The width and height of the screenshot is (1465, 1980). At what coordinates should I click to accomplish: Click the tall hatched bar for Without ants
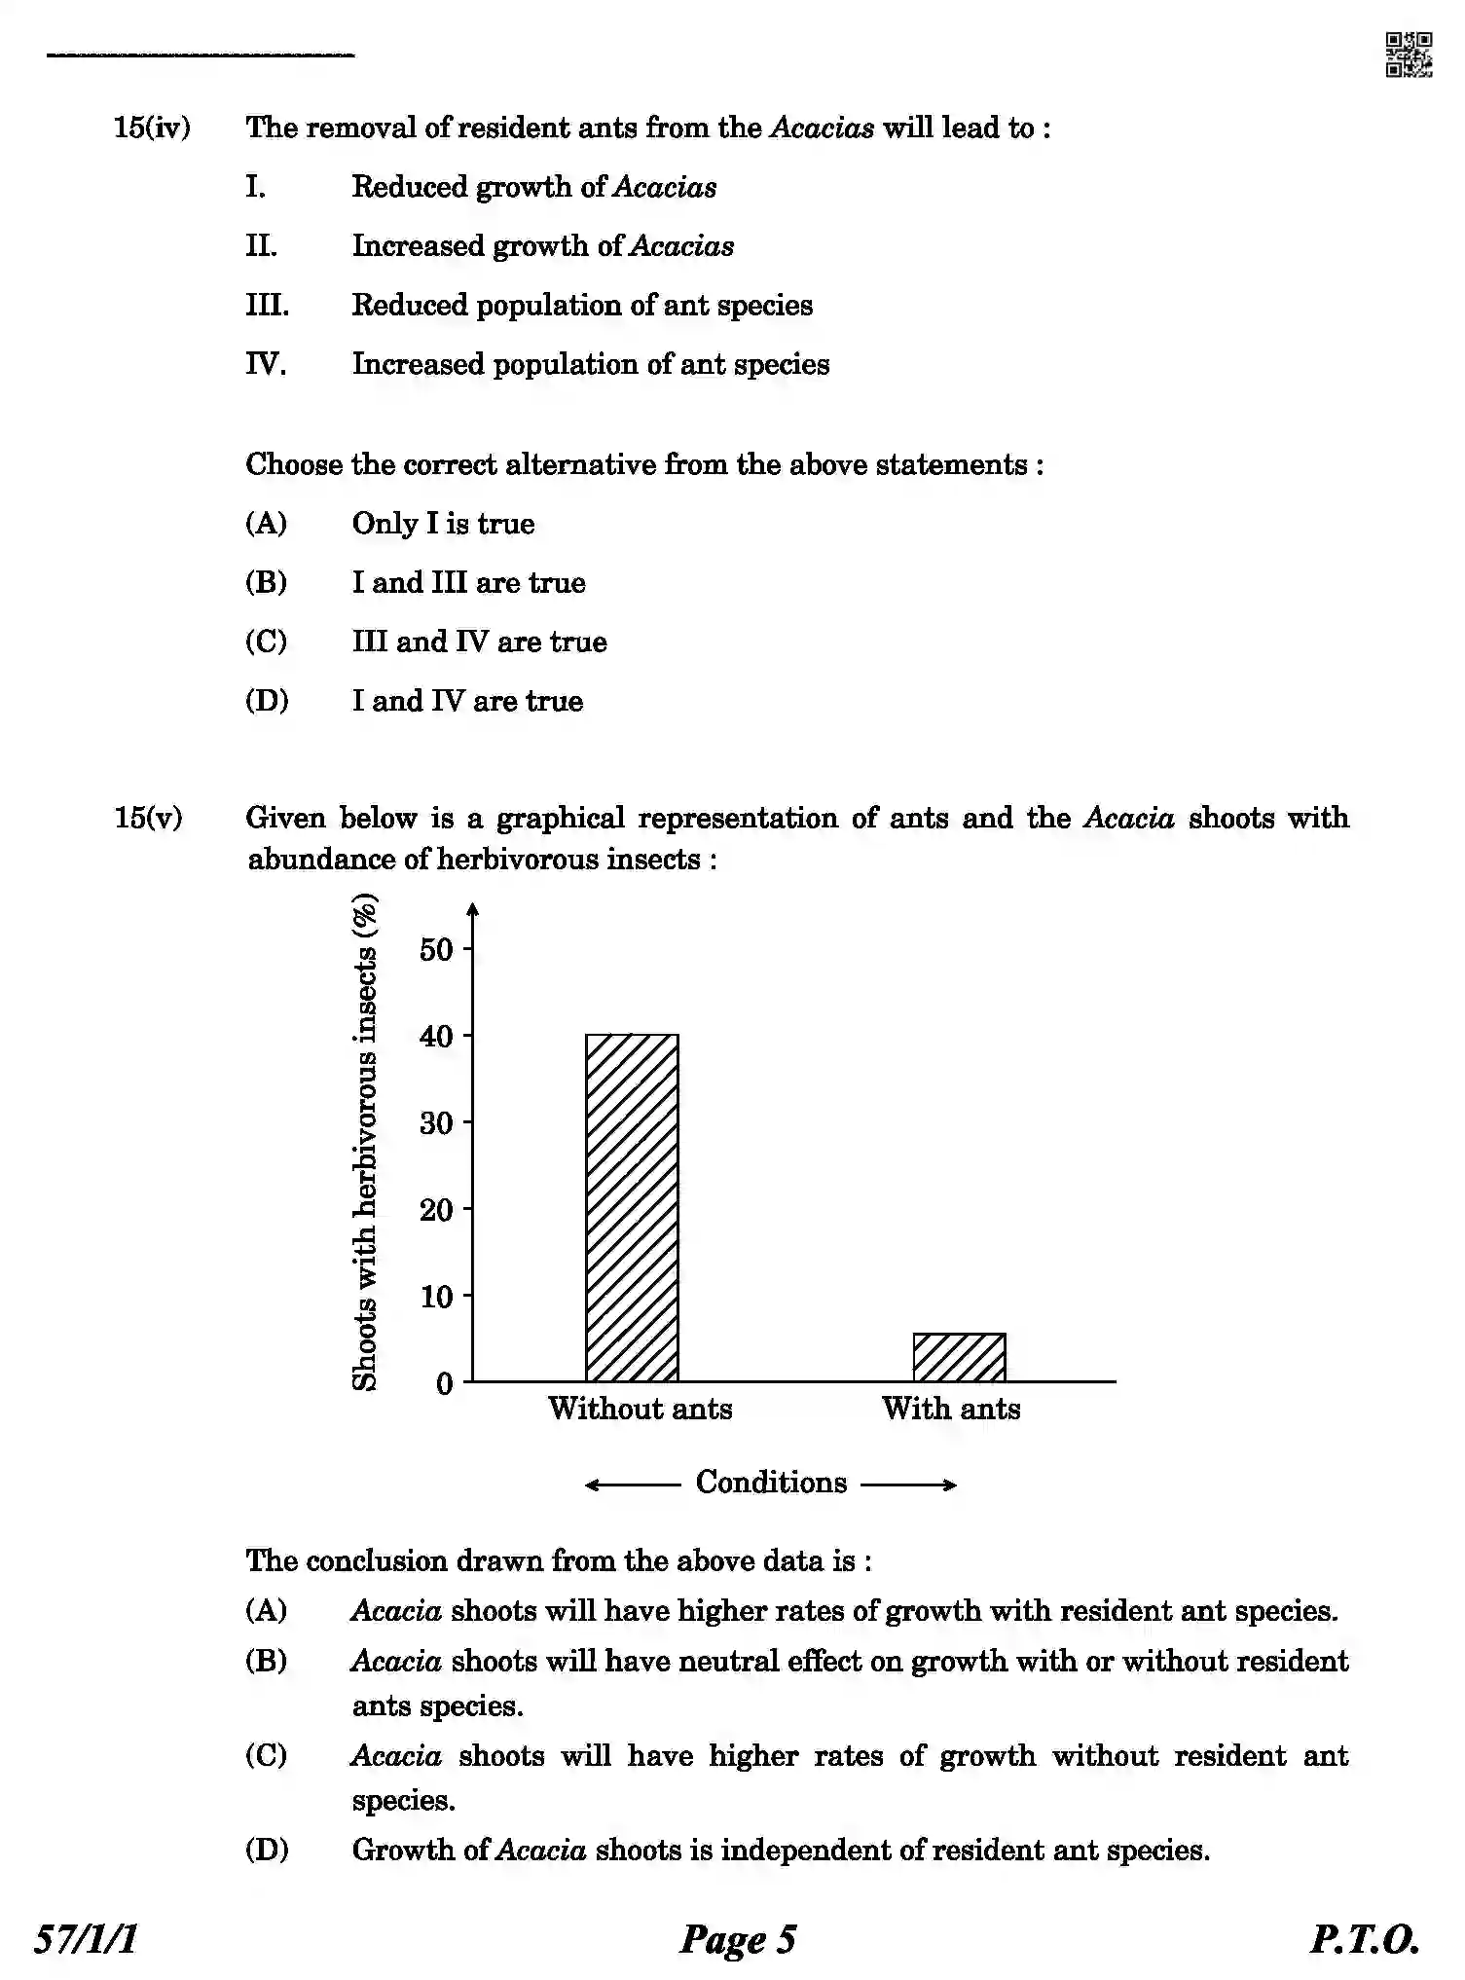pos(632,1207)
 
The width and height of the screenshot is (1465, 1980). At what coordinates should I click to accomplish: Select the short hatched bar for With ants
pos(959,1357)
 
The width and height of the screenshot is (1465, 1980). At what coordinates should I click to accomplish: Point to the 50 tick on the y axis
pos(437,949)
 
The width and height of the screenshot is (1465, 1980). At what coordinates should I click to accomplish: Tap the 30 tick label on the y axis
pos(437,1123)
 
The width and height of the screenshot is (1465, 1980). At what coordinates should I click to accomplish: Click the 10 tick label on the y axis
pos(437,1297)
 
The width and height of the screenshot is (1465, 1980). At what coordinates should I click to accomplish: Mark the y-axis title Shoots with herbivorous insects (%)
pos(364,1144)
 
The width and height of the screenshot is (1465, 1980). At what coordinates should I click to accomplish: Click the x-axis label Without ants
pos(640,1409)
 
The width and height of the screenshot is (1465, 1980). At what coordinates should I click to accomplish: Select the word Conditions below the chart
pos(771,1483)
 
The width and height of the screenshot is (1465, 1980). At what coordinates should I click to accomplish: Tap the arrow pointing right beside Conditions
pos(909,1485)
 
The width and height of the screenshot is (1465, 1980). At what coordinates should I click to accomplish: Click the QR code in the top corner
pos(1408,55)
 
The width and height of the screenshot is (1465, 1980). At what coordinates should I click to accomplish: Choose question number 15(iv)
pos(152,128)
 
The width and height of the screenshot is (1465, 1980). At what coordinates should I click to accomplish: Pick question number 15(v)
pos(148,818)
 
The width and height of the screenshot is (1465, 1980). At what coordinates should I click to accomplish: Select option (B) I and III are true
pos(468,583)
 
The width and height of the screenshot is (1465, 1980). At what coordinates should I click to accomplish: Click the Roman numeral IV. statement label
pos(265,364)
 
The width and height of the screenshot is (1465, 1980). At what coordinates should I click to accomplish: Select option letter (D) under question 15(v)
pos(266,1850)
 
